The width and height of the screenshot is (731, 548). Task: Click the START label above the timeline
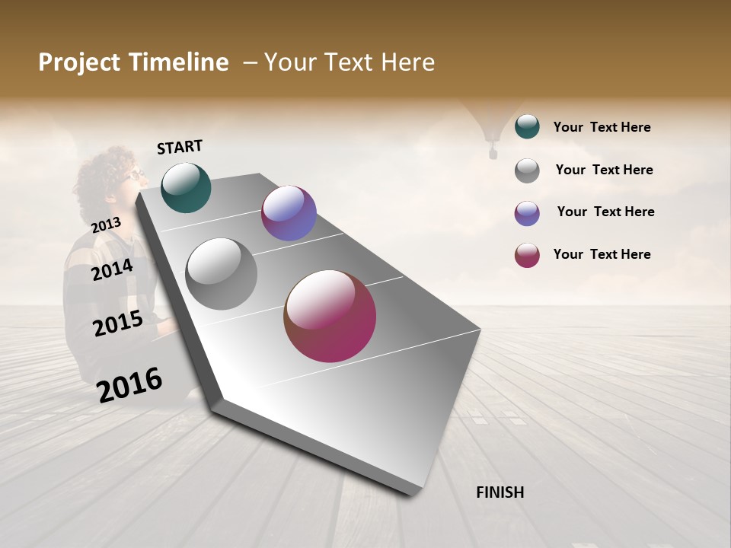[180, 147]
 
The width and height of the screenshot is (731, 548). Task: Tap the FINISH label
[500, 492]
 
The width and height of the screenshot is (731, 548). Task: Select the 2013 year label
[106, 225]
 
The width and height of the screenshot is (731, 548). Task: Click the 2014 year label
[112, 269]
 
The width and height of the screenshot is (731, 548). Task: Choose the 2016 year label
[129, 384]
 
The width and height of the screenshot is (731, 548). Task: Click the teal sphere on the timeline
[186, 187]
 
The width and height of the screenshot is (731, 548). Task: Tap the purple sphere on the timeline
[289, 213]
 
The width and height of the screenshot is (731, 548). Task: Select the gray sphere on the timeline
[221, 274]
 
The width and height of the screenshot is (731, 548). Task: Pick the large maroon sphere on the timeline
[330, 316]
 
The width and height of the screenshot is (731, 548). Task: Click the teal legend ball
[527, 127]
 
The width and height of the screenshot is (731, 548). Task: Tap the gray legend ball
[527, 170]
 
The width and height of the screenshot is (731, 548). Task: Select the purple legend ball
[527, 213]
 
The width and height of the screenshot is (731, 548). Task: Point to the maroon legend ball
[527, 255]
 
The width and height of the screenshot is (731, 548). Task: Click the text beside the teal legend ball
[602, 127]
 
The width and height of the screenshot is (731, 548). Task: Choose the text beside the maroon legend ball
[602, 254]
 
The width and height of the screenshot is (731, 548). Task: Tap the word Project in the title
[78, 62]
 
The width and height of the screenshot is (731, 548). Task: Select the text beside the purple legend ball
[605, 212]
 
